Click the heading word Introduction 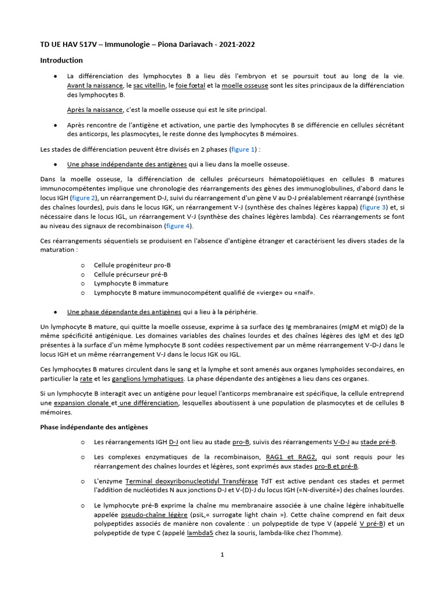tap(61, 60)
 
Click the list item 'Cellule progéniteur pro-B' tap(132, 265)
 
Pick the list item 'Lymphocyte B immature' tap(131, 283)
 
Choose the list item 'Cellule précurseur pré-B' tap(130, 274)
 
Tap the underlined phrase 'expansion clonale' tap(84, 403)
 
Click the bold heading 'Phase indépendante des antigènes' tap(94, 427)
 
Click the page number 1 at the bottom tap(222, 554)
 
